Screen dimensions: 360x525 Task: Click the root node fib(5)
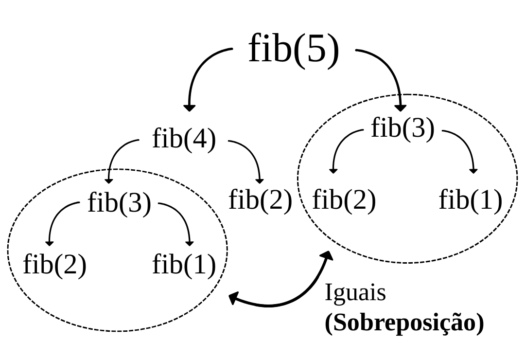click(x=293, y=49)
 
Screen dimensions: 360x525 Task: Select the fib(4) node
click(x=184, y=139)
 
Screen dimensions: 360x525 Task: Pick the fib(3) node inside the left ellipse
click(x=119, y=202)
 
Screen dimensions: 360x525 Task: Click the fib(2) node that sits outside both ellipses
click(x=260, y=200)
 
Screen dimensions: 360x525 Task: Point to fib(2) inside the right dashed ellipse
click(x=344, y=200)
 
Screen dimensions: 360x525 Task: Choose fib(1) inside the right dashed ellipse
click(x=470, y=200)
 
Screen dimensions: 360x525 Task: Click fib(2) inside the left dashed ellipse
click(x=54, y=265)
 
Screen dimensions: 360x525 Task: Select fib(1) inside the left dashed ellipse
click(x=184, y=265)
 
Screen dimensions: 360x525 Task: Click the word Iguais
click(x=355, y=293)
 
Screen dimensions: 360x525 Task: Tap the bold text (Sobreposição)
click(x=404, y=322)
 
